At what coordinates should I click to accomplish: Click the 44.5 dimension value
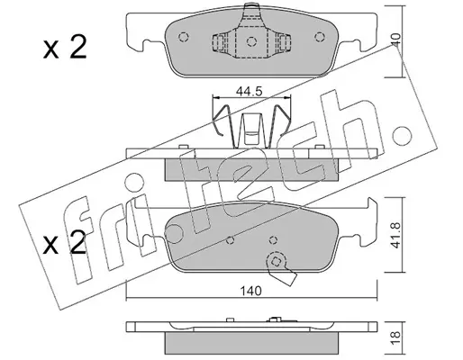[x=249, y=91]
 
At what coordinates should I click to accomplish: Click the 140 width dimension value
[x=250, y=291]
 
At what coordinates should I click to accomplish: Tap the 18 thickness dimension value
[x=396, y=337]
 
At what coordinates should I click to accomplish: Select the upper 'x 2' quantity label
[x=65, y=48]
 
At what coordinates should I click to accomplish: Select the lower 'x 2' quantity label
[x=64, y=243]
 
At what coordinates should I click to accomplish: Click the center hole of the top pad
[x=251, y=41]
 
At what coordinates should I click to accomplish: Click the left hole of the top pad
[x=183, y=37]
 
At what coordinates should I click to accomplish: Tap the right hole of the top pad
[x=320, y=37]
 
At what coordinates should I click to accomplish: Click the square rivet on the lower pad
[x=276, y=262]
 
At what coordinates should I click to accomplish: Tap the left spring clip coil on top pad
[x=219, y=42]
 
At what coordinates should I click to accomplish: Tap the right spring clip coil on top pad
[x=284, y=42]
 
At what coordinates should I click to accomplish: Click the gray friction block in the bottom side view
[x=251, y=343]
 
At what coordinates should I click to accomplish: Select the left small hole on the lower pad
[x=230, y=240]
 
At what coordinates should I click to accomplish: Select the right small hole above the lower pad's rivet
[x=273, y=240]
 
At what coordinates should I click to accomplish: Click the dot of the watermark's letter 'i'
[x=134, y=182]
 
